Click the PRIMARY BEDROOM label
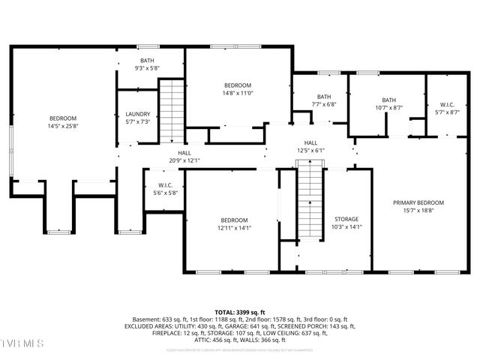click(419, 202)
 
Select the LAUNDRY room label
click(137, 114)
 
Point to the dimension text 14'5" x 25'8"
click(63, 127)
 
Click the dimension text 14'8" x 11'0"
click(238, 93)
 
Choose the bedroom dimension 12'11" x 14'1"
click(235, 228)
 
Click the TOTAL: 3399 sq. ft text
click(240, 311)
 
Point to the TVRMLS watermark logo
click(22, 343)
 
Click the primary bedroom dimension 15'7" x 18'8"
click(419, 211)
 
